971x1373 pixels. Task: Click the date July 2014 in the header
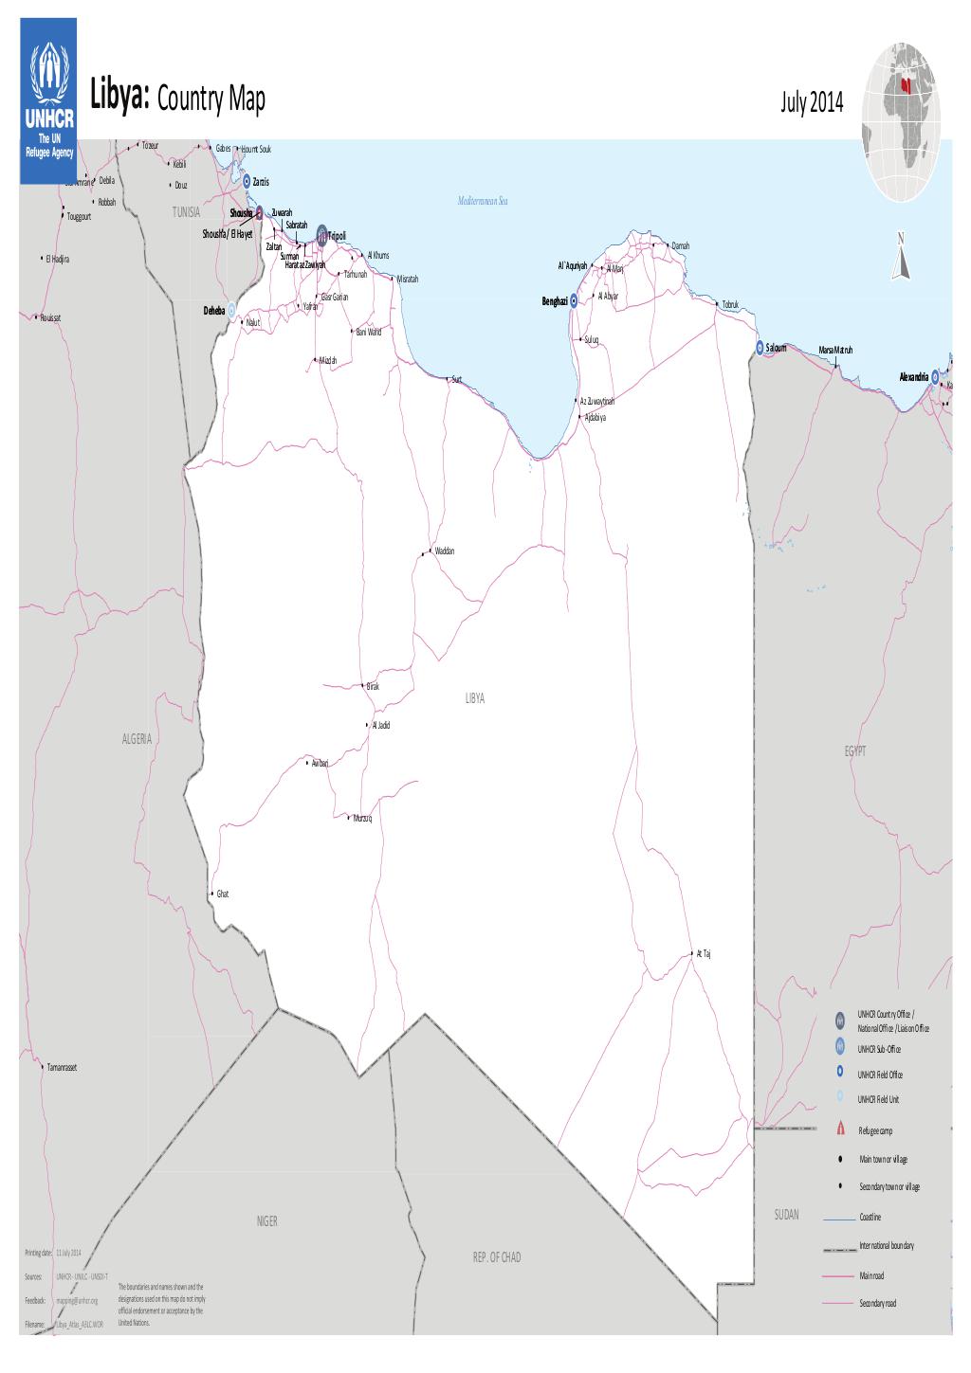(x=811, y=103)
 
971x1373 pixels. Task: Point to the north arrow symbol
(x=900, y=257)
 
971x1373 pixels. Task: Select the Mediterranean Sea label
(x=484, y=201)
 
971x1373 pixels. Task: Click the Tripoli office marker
(x=322, y=234)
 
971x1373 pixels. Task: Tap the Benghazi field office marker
(x=573, y=301)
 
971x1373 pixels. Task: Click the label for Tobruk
(x=729, y=304)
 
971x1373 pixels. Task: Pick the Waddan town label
(x=445, y=551)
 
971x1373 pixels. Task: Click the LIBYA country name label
(x=475, y=697)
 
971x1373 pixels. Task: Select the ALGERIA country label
(x=137, y=738)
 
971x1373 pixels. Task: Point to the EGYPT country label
(x=854, y=750)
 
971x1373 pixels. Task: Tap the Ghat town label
(x=223, y=894)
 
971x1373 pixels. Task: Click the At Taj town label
(x=703, y=954)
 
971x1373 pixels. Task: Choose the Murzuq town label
(x=362, y=818)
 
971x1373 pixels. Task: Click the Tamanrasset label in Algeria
(x=62, y=1067)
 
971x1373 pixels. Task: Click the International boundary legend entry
(x=886, y=1245)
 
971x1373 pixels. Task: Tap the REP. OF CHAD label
(x=497, y=1257)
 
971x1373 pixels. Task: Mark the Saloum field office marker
(x=760, y=348)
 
